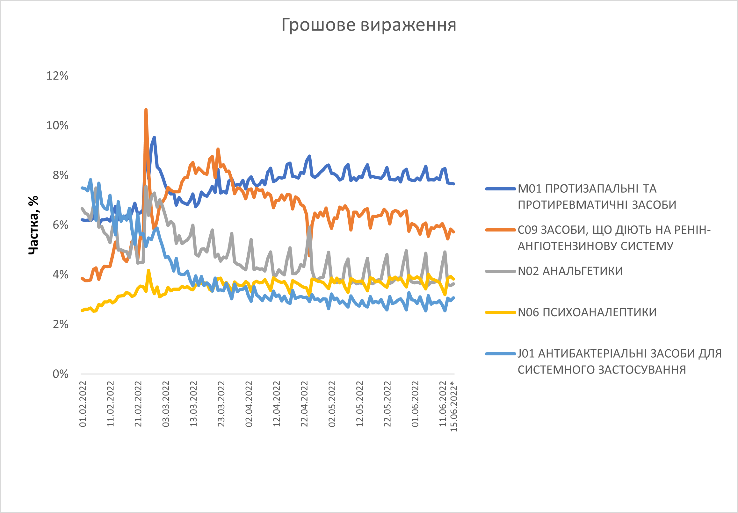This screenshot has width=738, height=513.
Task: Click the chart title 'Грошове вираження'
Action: (369, 25)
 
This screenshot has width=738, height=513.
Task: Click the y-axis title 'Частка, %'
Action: (33, 225)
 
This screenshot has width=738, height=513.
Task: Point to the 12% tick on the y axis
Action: (58, 76)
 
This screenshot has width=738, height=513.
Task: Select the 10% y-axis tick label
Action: (58, 125)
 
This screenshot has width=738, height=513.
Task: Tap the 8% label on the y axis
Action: (61, 175)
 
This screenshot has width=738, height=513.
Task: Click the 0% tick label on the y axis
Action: (61, 374)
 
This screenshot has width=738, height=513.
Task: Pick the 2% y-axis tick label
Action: (61, 324)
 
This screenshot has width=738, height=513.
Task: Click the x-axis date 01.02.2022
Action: (83, 404)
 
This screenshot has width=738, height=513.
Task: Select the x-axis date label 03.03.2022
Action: (166, 404)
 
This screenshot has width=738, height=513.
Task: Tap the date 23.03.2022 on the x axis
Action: (221, 404)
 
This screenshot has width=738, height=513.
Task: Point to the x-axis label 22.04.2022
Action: (304, 404)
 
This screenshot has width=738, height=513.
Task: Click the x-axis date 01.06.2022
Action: (415, 404)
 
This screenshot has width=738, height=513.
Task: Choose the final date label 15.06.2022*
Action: (453, 406)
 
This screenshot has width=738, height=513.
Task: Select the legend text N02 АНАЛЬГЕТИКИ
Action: (570, 271)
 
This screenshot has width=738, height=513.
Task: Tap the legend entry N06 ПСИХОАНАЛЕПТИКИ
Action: (587, 312)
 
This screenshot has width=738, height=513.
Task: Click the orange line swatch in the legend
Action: (501, 230)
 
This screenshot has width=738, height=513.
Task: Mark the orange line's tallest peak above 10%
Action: (146, 110)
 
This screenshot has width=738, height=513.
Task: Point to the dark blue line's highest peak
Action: (154, 138)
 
